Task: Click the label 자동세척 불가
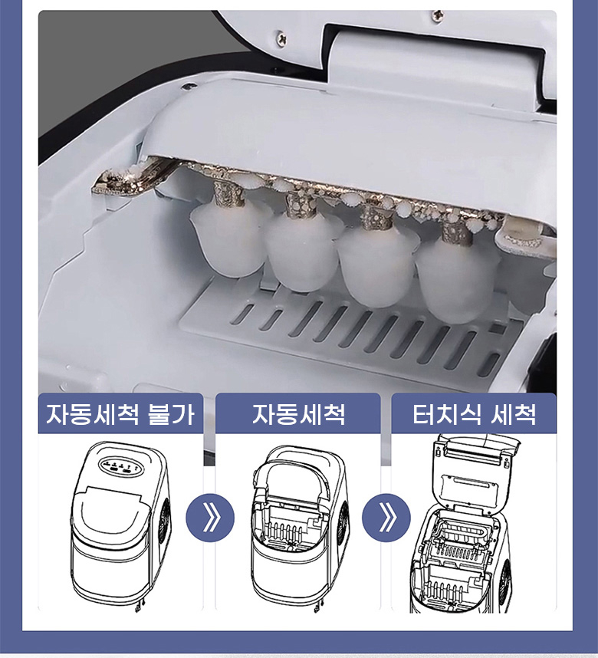pyautogui.click(x=120, y=415)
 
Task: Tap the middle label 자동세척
pyautogui.click(x=298, y=415)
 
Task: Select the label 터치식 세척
pyautogui.click(x=475, y=415)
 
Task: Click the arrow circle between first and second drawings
pyautogui.click(x=210, y=518)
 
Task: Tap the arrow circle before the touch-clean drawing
pyautogui.click(x=386, y=518)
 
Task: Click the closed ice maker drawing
pyautogui.click(x=121, y=525)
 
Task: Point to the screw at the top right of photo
pyautogui.click(x=437, y=15)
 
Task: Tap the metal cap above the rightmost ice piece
pyautogui.click(x=456, y=230)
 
